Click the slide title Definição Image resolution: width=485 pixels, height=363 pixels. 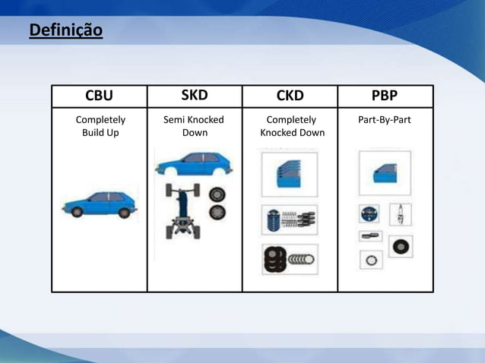point(65,31)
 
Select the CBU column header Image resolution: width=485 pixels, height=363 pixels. point(99,96)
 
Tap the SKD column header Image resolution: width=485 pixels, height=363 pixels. point(195,95)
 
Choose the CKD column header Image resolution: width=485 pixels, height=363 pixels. point(290,96)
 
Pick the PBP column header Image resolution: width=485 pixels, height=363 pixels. point(385,96)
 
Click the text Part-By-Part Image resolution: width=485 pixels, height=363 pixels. point(385,120)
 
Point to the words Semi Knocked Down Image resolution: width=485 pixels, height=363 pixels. point(195,126)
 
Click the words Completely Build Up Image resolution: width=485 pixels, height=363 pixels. point(100,126)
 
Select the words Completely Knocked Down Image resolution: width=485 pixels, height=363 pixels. point(292,126)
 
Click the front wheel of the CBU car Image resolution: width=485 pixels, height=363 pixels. point(77,213)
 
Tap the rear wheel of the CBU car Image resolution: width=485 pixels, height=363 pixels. point(123,213)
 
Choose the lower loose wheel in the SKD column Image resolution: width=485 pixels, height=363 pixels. point(217,213)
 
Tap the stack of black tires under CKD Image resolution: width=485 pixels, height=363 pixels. point(274,260)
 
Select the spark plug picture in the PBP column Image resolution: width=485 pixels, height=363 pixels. point(401,214)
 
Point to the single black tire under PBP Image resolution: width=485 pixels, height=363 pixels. point(401,246)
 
